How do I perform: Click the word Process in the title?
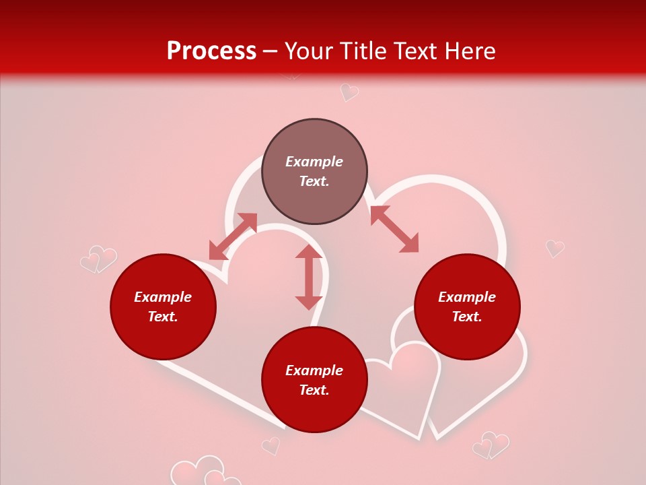point(211,51)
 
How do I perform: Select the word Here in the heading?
point(469,51)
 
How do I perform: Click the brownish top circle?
point(314,171)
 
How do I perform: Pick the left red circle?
point(163,306)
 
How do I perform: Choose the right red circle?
point(467,306)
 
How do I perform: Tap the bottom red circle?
point(314,379)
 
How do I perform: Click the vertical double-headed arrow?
point(309,277)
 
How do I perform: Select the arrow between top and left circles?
point(233,236)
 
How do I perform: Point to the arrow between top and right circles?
point(394,229)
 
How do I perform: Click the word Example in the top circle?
point(314,162)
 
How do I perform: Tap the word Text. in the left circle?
point(163,317)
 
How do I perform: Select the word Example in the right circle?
point(467,297)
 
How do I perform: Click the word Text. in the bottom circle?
point(314,390)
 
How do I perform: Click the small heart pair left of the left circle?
point(99,259)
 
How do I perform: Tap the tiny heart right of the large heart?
point(554,248)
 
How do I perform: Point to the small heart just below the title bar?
point(349,92)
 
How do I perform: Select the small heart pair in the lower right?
point(491,445)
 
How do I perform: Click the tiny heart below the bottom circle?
point(271,445)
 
